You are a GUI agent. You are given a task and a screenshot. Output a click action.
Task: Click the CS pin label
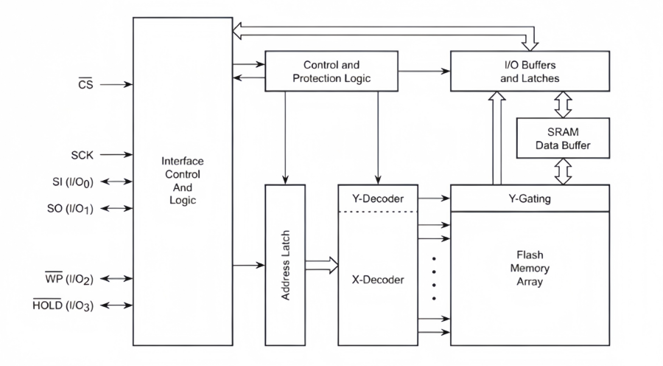click(x=85, y=84)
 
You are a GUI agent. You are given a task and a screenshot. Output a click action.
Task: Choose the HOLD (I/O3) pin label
click(x=65, y=305)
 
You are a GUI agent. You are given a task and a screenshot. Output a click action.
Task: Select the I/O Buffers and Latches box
click(x=530, y=71)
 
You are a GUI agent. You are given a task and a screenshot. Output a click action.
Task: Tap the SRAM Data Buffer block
click(x=563, y=139)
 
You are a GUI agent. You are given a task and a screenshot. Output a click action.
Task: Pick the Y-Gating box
click(x=530, y=198)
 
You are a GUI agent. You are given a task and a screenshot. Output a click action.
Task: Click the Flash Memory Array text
click(x=530, y=269)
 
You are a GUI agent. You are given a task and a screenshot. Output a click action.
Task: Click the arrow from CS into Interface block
click(x=116, y=84)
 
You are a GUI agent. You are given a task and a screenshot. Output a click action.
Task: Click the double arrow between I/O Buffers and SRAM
click(x=563, y=104)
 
